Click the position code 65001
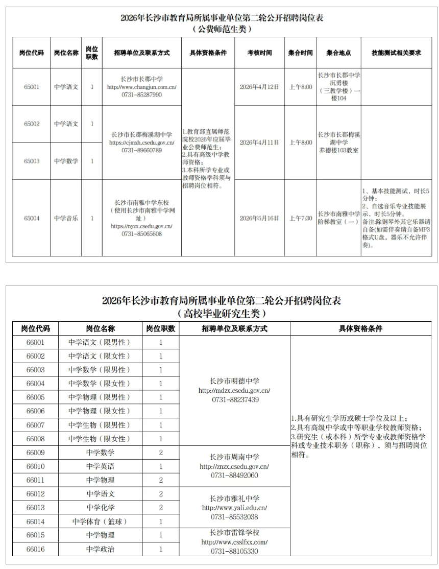31,87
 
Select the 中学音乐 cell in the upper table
66,218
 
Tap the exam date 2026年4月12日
259,87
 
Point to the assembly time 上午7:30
300,218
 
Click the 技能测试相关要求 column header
396,53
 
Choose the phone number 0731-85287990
142,94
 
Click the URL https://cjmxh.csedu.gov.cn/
142,143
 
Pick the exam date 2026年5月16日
259,218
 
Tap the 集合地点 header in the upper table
338,53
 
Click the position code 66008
36,439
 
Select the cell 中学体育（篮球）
100,521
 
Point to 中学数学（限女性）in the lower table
100,384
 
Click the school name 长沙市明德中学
235,381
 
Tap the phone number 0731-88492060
235,476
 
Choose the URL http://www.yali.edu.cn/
235,508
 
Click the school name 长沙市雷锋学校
235,532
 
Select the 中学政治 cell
100,549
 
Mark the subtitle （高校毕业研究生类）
222,313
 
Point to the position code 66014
36,521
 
